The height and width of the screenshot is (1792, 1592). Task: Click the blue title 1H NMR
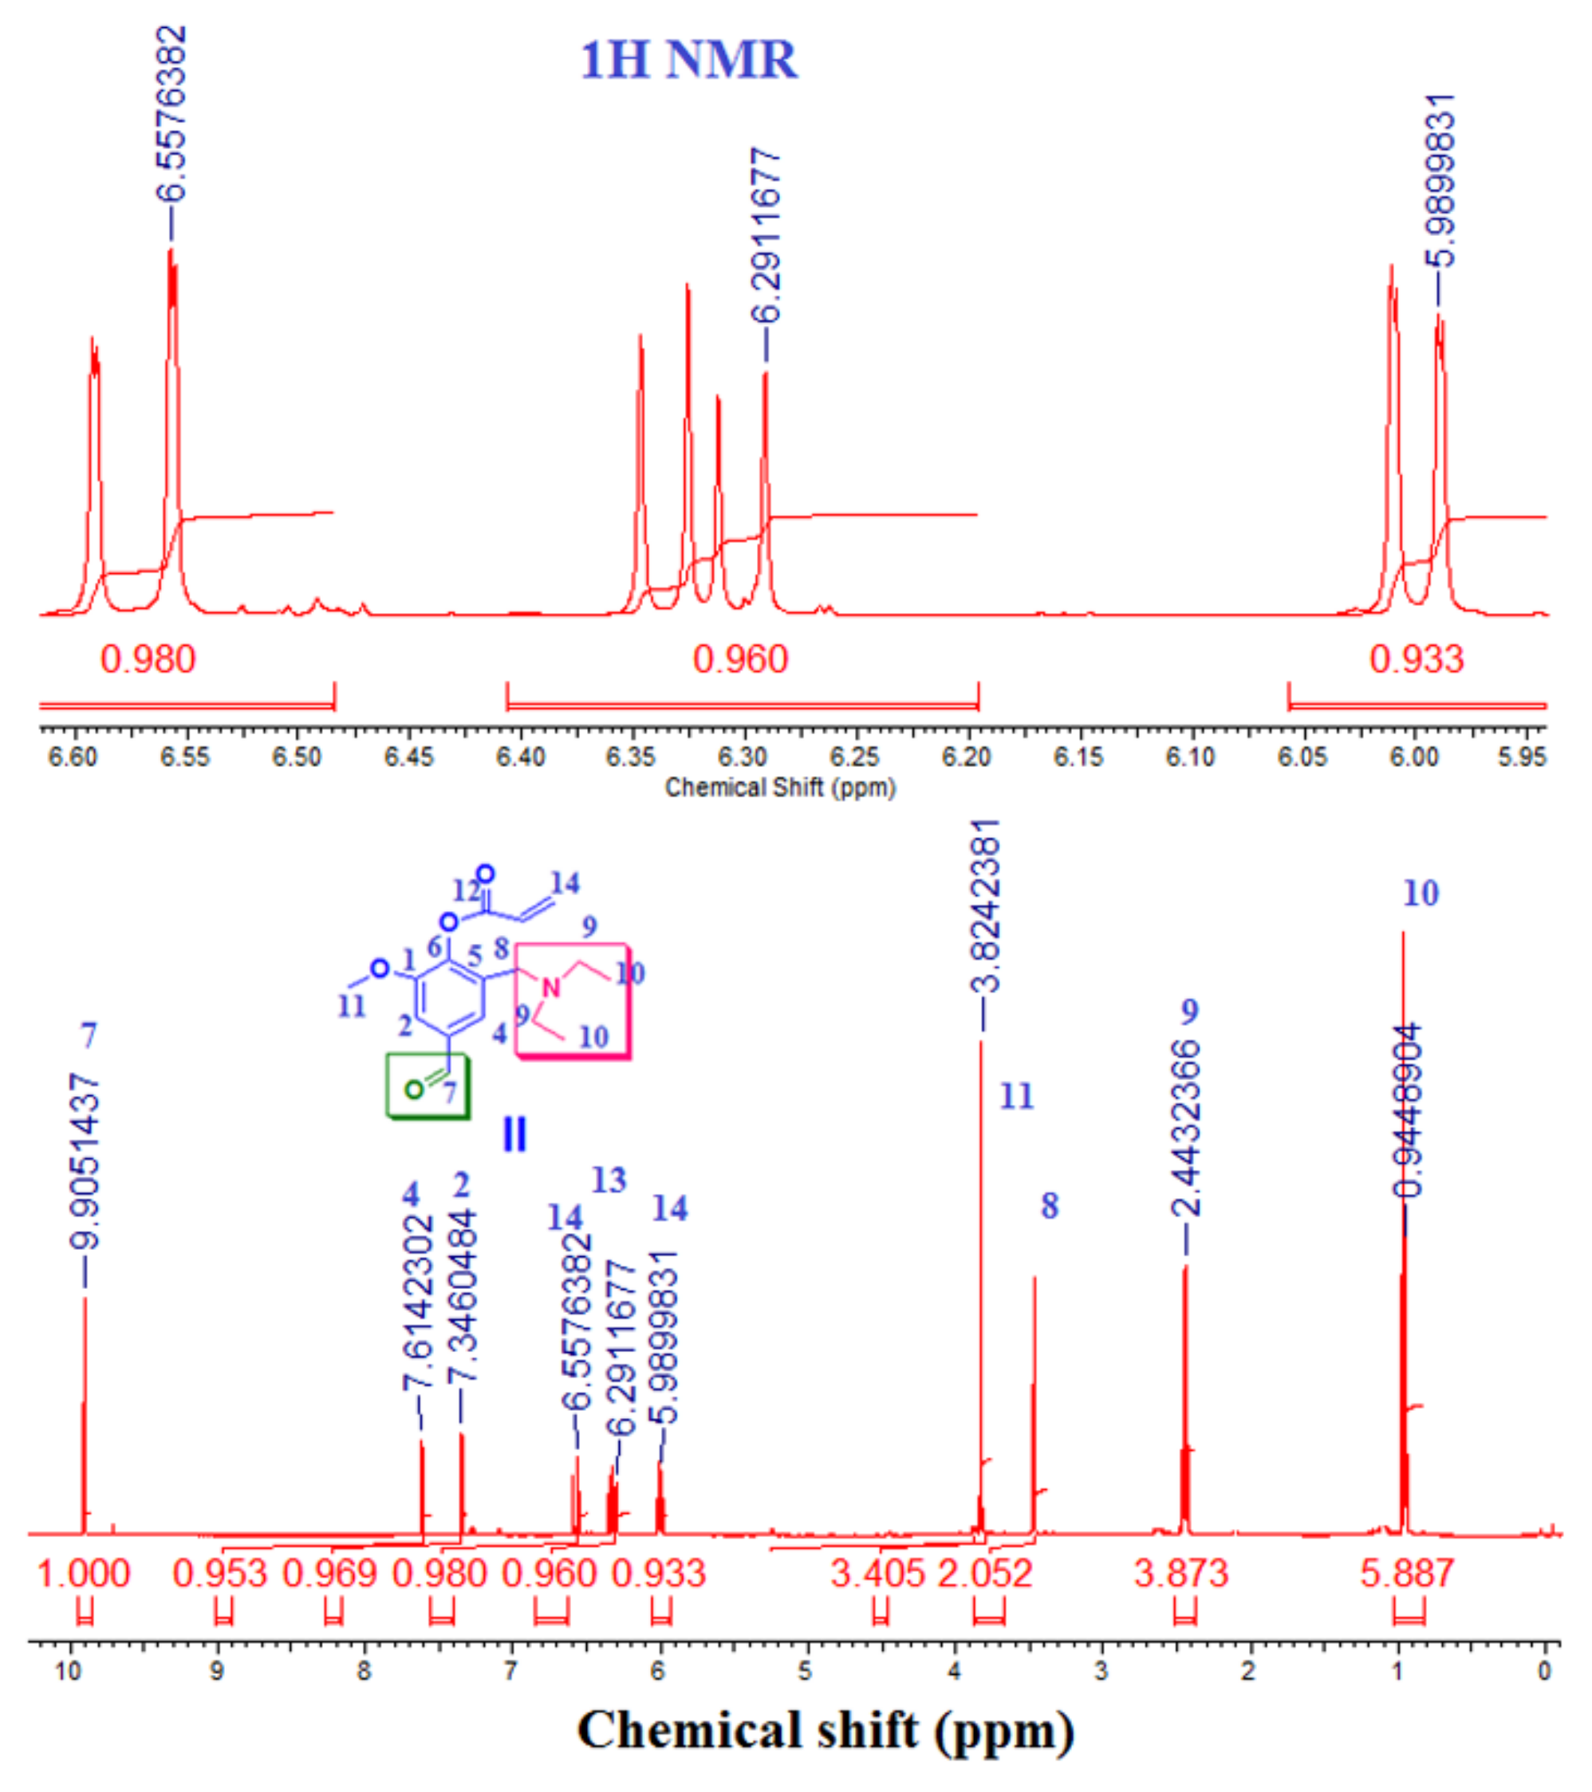689,61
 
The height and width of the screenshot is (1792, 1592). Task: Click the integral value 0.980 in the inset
148,659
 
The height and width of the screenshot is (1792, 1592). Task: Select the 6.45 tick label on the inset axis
408,756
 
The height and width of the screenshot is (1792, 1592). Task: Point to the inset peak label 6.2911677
767,237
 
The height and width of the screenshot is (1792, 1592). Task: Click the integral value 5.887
1407,1574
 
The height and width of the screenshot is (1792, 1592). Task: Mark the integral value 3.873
1180,1574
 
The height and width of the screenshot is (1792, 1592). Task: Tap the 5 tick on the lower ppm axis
806,1671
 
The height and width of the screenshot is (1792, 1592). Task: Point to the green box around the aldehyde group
428,1088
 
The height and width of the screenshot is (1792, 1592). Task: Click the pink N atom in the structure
551,988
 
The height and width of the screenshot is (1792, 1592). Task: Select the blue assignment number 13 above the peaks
609,1180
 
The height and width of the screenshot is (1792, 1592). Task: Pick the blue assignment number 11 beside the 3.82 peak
1018,1096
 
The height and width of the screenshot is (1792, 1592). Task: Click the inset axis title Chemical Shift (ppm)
780,788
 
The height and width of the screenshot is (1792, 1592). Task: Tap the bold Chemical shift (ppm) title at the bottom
826,1731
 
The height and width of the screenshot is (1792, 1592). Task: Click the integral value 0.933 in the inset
1417,659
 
